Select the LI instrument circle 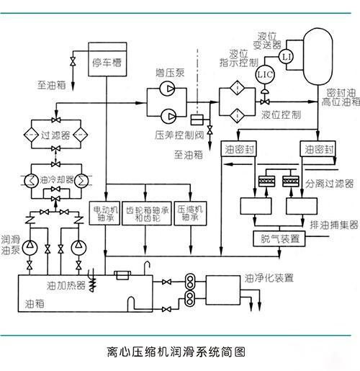(x=287, y=56)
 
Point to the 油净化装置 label (x=268, y=276)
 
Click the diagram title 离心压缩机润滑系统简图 (x=176, y=353)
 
